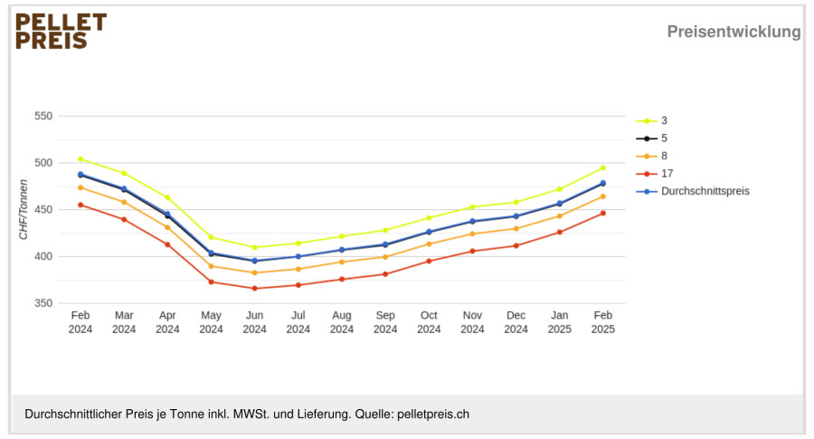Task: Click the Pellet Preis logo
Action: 62,31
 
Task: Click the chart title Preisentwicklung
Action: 734,32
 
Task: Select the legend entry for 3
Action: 652,120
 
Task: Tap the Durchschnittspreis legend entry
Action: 693,191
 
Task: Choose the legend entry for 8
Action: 652,156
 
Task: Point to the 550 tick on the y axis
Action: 43,117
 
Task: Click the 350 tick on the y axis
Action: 43,303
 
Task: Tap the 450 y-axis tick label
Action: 43,210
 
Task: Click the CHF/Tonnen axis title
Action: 24,209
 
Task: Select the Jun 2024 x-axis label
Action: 254,322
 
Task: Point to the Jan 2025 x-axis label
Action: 559,322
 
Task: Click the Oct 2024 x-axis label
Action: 429,322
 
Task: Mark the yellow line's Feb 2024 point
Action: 80,159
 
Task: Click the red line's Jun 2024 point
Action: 254,289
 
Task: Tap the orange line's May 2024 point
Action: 212,266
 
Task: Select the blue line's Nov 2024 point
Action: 472,222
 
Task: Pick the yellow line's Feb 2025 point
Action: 603,167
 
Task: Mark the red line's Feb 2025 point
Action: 603,213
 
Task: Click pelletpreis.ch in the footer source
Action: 433,415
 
